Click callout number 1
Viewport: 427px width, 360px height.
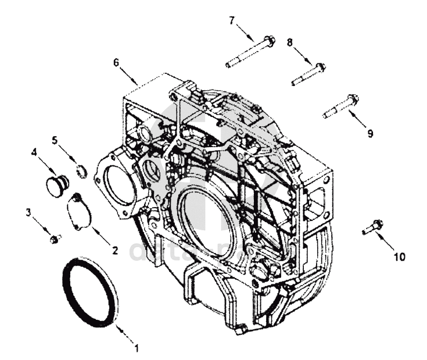tap(137, 349)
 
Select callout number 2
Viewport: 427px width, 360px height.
tap(114, 251)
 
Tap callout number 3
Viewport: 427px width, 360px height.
tap(28, 212)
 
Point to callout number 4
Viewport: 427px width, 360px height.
tap(34, 152)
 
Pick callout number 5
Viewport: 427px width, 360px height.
tap(55, 140)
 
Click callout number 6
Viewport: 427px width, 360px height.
tap(116, 61)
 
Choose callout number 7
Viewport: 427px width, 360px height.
tap(232, 20)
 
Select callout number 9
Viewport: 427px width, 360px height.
tap(370, 133)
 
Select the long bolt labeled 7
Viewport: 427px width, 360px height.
tap(250, 52)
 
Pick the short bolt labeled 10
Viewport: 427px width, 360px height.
tap(372, 227)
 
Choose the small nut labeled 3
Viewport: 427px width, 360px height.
tap(55, 238)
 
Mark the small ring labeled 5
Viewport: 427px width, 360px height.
tap(82, 171)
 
